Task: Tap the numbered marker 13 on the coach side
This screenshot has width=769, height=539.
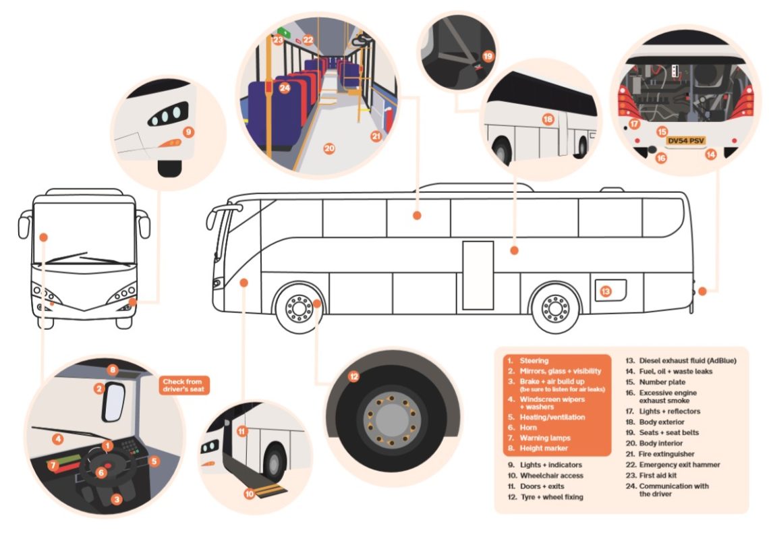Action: [605, 291]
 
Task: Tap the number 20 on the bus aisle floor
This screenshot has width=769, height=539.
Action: [329, 149]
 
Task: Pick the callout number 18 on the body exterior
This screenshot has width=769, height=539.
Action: [547, 119]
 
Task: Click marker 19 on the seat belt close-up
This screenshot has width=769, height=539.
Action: [488, 57]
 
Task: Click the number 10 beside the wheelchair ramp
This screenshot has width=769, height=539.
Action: [249, 494]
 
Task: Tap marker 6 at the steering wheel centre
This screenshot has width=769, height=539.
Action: [101, 472]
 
